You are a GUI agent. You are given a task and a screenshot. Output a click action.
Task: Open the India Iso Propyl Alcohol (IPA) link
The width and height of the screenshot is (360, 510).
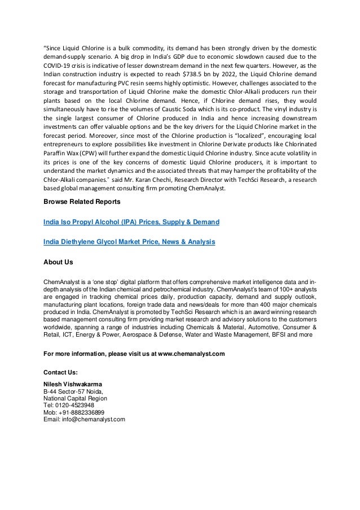131,223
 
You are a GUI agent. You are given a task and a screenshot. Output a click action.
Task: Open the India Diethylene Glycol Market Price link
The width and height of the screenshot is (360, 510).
129,242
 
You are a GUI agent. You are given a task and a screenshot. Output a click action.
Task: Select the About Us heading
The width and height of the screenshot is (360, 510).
58,263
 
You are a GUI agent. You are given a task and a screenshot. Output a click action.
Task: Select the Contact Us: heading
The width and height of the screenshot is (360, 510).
60,373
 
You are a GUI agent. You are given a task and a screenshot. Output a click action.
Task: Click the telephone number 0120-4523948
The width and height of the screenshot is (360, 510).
73,406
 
